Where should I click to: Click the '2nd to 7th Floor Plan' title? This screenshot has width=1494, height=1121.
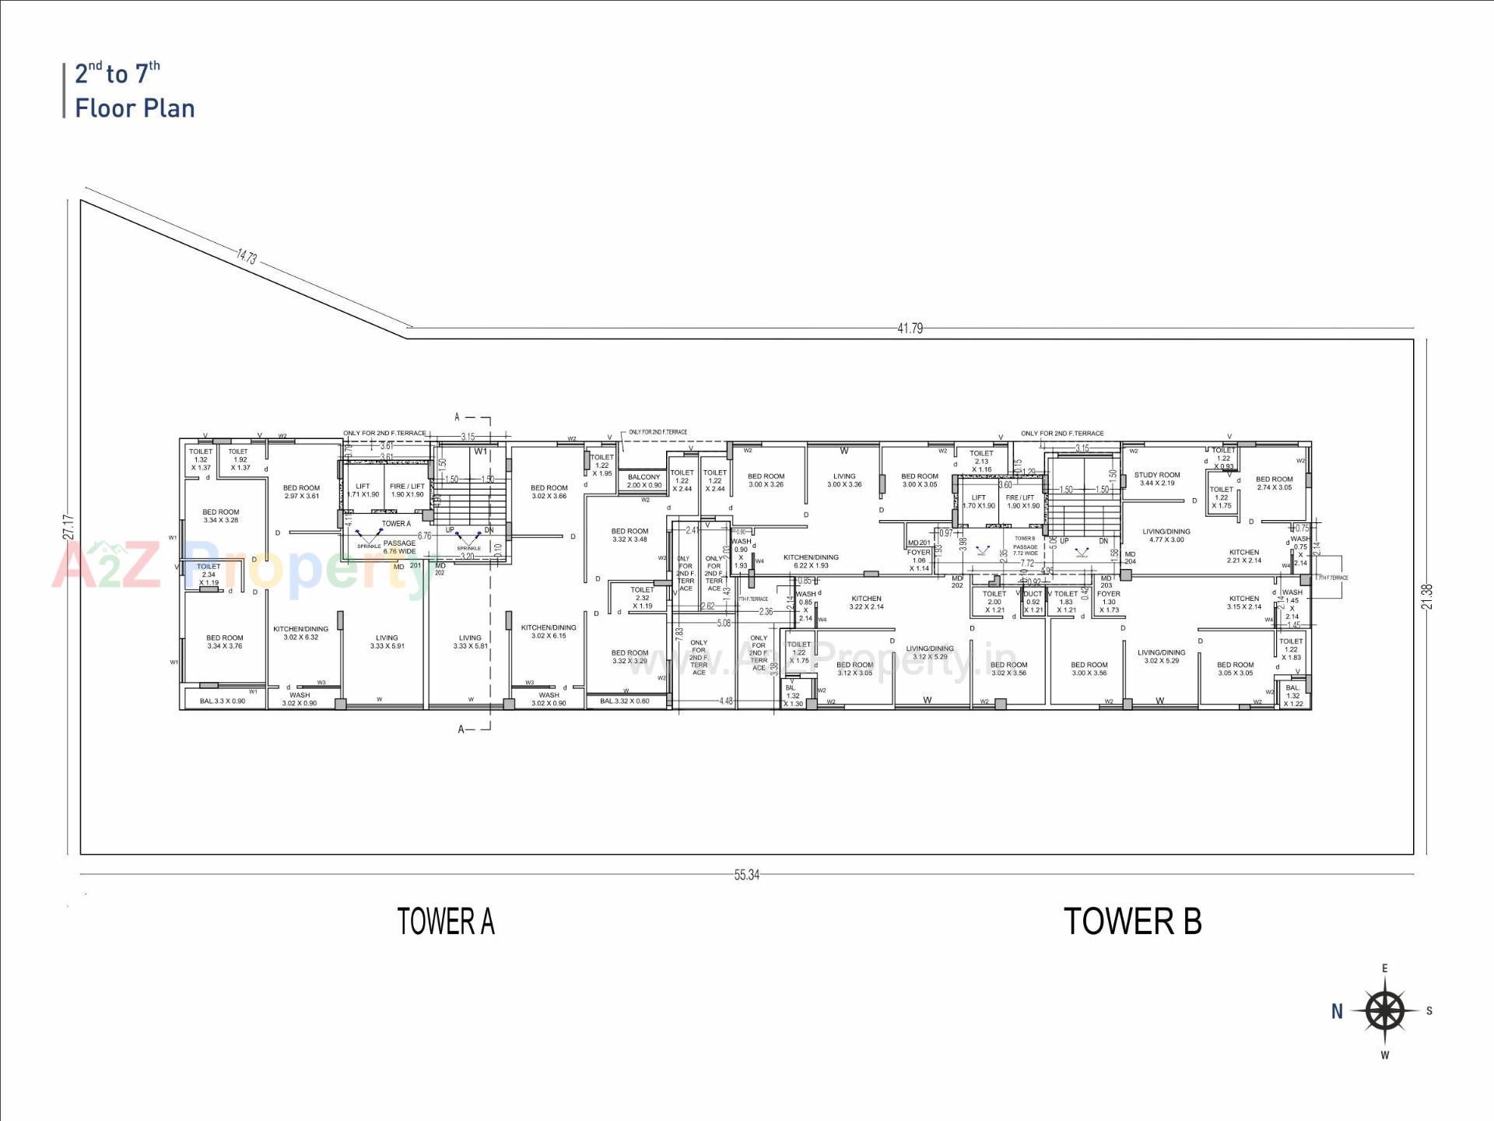click(134, 90)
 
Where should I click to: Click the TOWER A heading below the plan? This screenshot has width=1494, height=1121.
click(445, 922)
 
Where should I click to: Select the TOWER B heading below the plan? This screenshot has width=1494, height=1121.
click(1132, 922)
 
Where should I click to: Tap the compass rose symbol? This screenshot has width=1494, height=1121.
click(1385, 1011)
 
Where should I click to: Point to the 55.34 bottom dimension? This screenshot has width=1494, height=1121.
click(746, 875)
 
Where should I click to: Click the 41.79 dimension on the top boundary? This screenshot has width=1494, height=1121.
click(910, 329)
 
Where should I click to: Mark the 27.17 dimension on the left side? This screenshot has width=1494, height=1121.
click(69, 527)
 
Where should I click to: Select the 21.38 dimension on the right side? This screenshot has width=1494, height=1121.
click(1426, 596)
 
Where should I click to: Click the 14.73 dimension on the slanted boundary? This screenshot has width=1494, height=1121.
click(247, 256)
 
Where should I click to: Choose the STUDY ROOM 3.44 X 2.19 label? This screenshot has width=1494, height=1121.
click(1157, 479)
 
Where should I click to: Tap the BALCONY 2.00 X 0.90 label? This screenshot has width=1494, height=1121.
click(644, 481)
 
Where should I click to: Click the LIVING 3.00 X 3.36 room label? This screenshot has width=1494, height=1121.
click(844, 480)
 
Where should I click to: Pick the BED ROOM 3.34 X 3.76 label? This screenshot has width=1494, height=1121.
click(224, 641)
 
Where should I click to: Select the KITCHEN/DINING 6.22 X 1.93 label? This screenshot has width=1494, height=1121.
click(811, 561)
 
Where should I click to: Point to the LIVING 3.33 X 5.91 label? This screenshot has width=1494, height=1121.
click(387, 641)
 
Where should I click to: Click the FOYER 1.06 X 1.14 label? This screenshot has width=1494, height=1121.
click(919, 560)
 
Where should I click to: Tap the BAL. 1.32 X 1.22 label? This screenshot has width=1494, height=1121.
click(1292, 695)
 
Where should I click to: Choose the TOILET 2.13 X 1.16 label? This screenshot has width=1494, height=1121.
click(981, 461)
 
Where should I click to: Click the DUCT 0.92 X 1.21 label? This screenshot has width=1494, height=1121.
click(1033, 602)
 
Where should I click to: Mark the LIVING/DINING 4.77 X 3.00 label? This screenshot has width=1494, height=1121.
click(1166, 536)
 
